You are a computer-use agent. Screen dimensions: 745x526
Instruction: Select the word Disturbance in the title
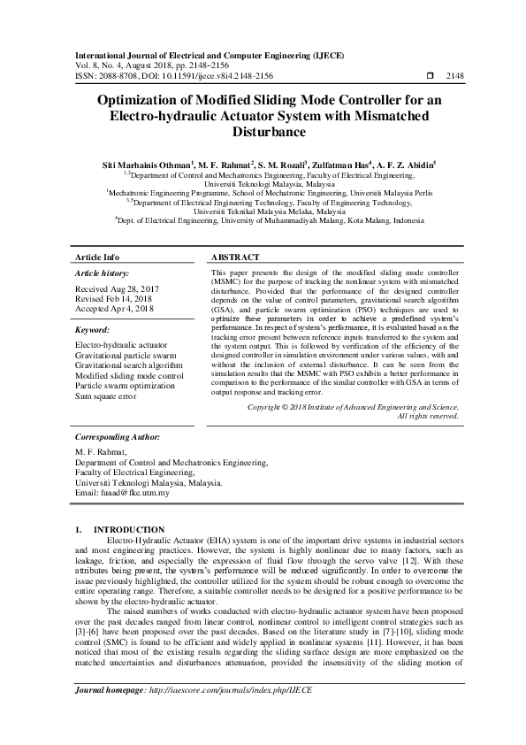coord(263,132)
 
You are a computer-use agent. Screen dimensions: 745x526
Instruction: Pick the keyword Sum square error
coord(107,396)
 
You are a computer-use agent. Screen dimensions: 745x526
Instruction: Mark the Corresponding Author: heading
coord(118,437)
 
